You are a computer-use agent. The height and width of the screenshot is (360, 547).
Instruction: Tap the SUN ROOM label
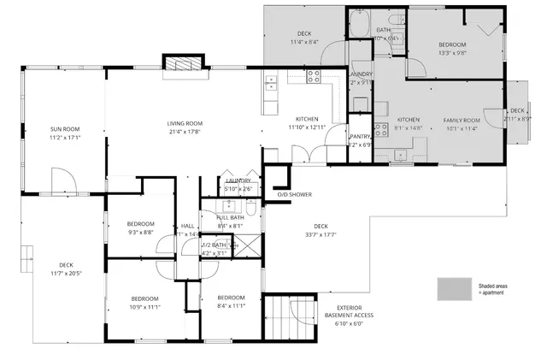(x=58, y=129)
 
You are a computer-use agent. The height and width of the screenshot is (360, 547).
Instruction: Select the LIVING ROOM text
(x=184, y=123)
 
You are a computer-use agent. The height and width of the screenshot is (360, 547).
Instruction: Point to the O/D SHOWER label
(x=295, y=194)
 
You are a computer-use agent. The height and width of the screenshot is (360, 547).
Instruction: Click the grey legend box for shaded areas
(x=454, y=288)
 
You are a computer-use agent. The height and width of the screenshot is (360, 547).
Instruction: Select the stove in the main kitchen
(x=314, y=76)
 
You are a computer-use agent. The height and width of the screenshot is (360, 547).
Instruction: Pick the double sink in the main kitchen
(x=272, y=83)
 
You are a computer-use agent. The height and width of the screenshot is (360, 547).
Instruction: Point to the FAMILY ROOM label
(x=461, y=120)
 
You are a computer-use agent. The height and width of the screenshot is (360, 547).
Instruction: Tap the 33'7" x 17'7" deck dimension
(x=320, y=235)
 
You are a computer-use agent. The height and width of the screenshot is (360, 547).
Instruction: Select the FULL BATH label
(x=231, y=217)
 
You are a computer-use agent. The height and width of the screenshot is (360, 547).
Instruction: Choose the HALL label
(x=188, y=226)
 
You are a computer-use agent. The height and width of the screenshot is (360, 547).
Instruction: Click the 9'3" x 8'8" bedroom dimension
(x=140, y=232)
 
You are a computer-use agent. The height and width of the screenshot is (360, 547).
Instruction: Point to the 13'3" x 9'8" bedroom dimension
(x=452, y=53)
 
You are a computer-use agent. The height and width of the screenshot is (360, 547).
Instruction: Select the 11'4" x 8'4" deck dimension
(x=304, y=41)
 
